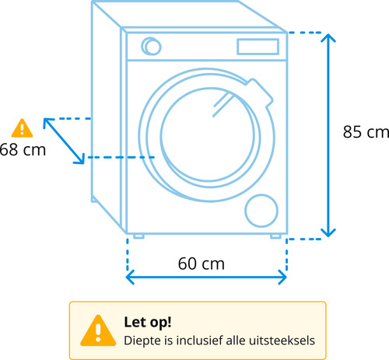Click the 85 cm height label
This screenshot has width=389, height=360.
(366, 132)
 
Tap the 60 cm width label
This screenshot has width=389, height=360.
(202, 264)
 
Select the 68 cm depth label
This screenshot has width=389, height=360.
(23, 150)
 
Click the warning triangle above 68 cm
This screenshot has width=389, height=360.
(22, 128)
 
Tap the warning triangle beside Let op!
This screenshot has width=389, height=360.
(98, 330)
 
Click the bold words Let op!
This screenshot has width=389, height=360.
(148, 322)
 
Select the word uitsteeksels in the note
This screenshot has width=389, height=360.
(282, 341)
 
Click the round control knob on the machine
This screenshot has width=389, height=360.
(151, 47)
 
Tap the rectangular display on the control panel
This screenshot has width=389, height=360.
(258, 47)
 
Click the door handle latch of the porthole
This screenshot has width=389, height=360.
(260, 92)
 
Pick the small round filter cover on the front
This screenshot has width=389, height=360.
(261, 211)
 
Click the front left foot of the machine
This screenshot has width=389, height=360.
(138, 236)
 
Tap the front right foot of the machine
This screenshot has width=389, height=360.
(275, 236)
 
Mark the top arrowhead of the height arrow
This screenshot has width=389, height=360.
(328, 37)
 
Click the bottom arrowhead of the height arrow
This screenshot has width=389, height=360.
(328, 233)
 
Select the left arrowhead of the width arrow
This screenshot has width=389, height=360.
(130, 277)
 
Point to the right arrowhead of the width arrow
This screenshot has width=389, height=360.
(282, 277)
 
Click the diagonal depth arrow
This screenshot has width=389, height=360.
(64, 141)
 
